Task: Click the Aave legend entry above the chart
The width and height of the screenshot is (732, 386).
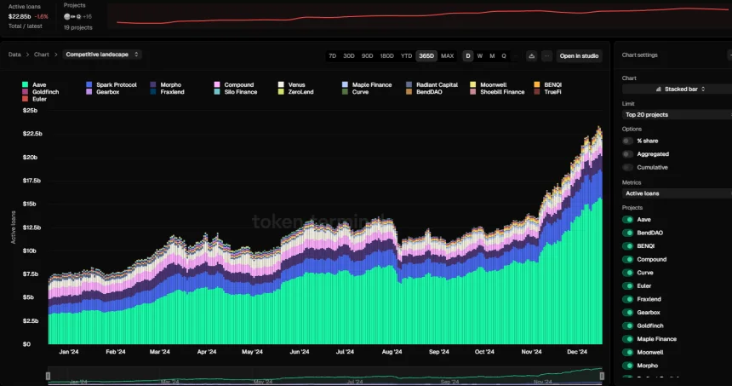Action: (35, 84)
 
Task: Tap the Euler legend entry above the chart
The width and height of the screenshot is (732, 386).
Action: (34, 99)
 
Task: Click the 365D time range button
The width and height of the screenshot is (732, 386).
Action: (426, 55)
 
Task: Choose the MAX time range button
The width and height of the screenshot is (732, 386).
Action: (447, 55)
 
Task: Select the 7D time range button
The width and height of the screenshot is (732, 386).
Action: (333, 55)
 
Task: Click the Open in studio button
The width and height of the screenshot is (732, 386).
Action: (580, 55)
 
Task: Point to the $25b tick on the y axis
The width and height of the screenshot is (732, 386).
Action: (30, 111)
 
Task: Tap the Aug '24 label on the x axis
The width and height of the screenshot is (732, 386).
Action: (392, 351)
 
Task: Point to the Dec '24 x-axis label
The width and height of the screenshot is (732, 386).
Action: (578, 351)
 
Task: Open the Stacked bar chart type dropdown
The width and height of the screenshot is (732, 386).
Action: (677, 89)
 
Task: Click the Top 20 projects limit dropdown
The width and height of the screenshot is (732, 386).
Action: (677, 113)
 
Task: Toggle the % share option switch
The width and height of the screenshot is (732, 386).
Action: (628, 141)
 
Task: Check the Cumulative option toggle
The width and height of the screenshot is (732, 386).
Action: (628, 167)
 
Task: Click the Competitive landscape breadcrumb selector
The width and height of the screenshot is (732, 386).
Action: (103, 55)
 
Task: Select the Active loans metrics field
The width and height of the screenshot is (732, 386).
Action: (677, 193)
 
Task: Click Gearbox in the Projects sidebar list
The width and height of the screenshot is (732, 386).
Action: (648, 312)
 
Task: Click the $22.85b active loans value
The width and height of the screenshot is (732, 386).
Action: (20, 15)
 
